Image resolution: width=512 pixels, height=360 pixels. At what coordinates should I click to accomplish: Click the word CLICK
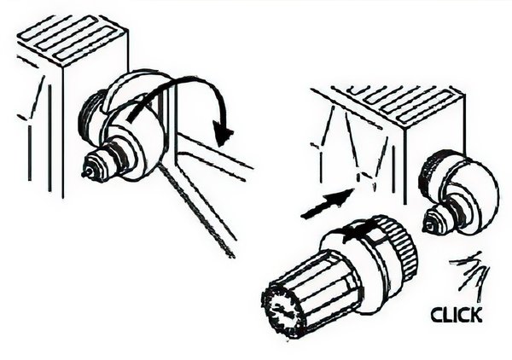pos(457,315)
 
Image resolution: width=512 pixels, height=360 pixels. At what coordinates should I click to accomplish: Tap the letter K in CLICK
pos(476,315)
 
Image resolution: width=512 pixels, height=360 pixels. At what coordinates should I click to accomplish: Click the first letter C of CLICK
pos(437,316)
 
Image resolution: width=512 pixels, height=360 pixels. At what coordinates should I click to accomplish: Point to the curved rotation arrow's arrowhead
pos(223,131)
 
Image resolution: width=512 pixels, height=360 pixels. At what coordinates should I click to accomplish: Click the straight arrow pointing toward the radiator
pos(327,204)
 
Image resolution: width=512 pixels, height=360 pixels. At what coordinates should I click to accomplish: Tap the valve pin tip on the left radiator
pos(84,173)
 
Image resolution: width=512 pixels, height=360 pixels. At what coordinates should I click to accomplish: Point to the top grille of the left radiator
pos(73,37)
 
